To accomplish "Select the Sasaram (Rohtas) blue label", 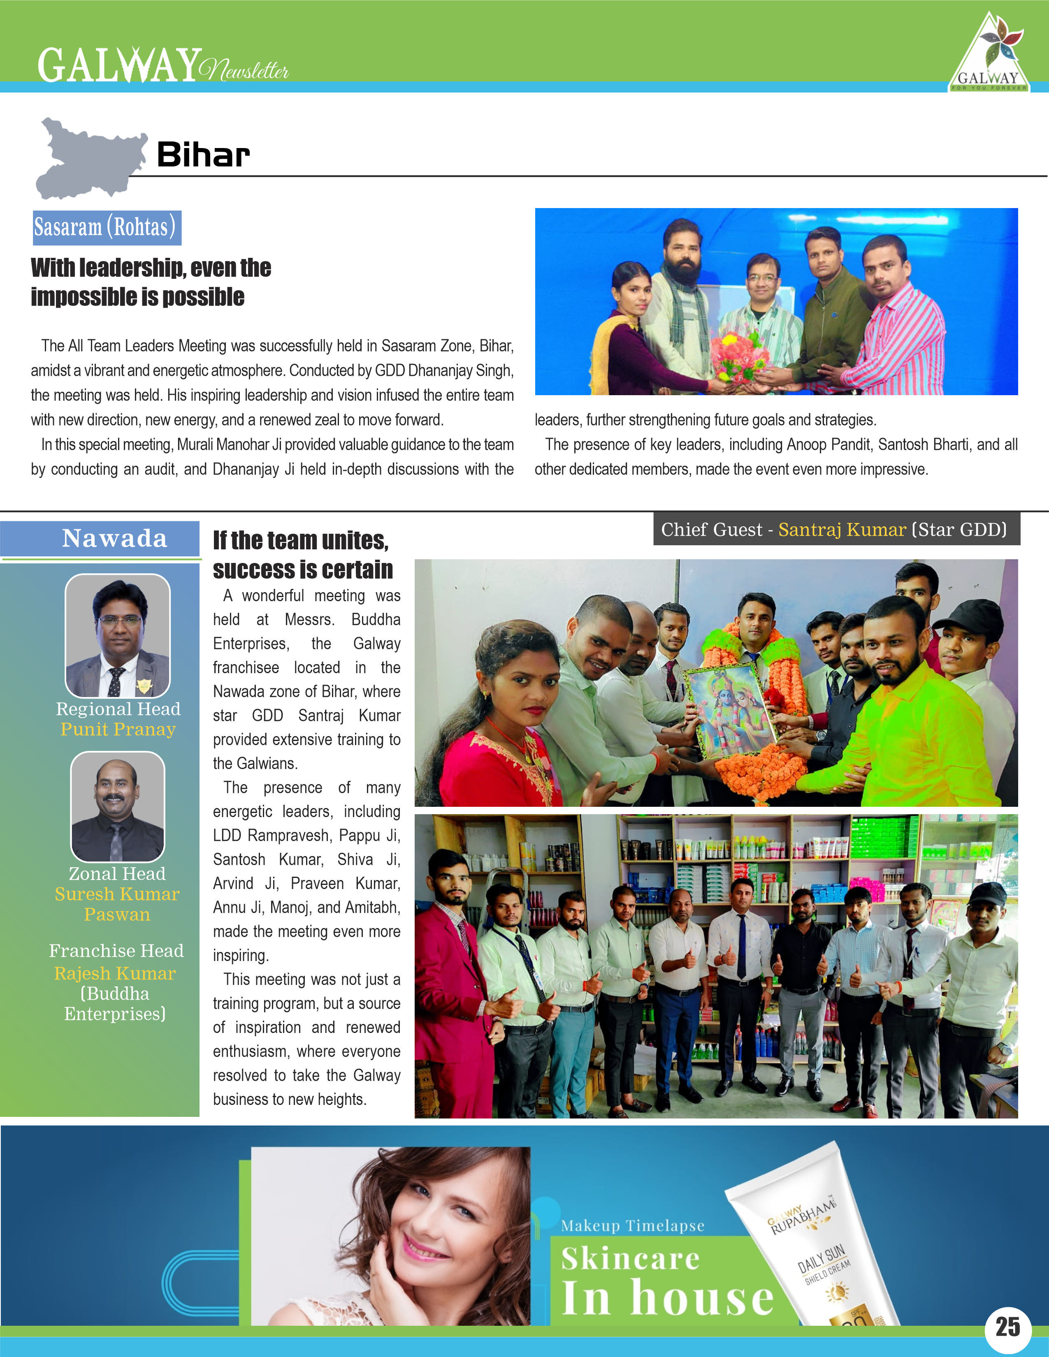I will point(107,227).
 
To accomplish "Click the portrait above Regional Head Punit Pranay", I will point(118,635).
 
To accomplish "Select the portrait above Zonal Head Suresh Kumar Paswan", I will point(118,806).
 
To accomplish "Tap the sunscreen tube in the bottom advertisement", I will point(814,1243).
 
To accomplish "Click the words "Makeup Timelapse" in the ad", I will point(633,1225).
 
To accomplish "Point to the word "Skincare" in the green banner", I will point(630,1259).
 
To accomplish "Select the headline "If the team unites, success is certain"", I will point(303,554).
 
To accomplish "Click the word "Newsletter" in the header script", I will point(245,69).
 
